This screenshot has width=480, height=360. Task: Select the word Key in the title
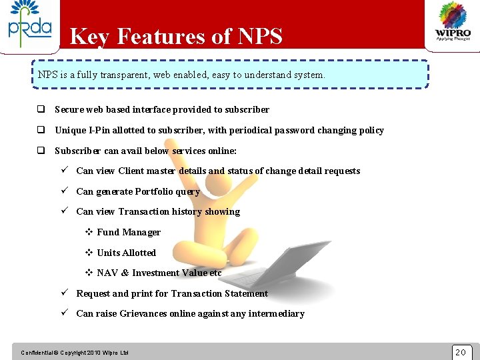(89, 37)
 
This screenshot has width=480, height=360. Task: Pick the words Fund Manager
(129, 232)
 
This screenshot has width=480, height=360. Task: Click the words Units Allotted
(126, 253)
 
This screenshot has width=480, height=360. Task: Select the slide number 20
(461, 352)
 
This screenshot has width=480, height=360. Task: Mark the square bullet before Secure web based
(41, 109)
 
